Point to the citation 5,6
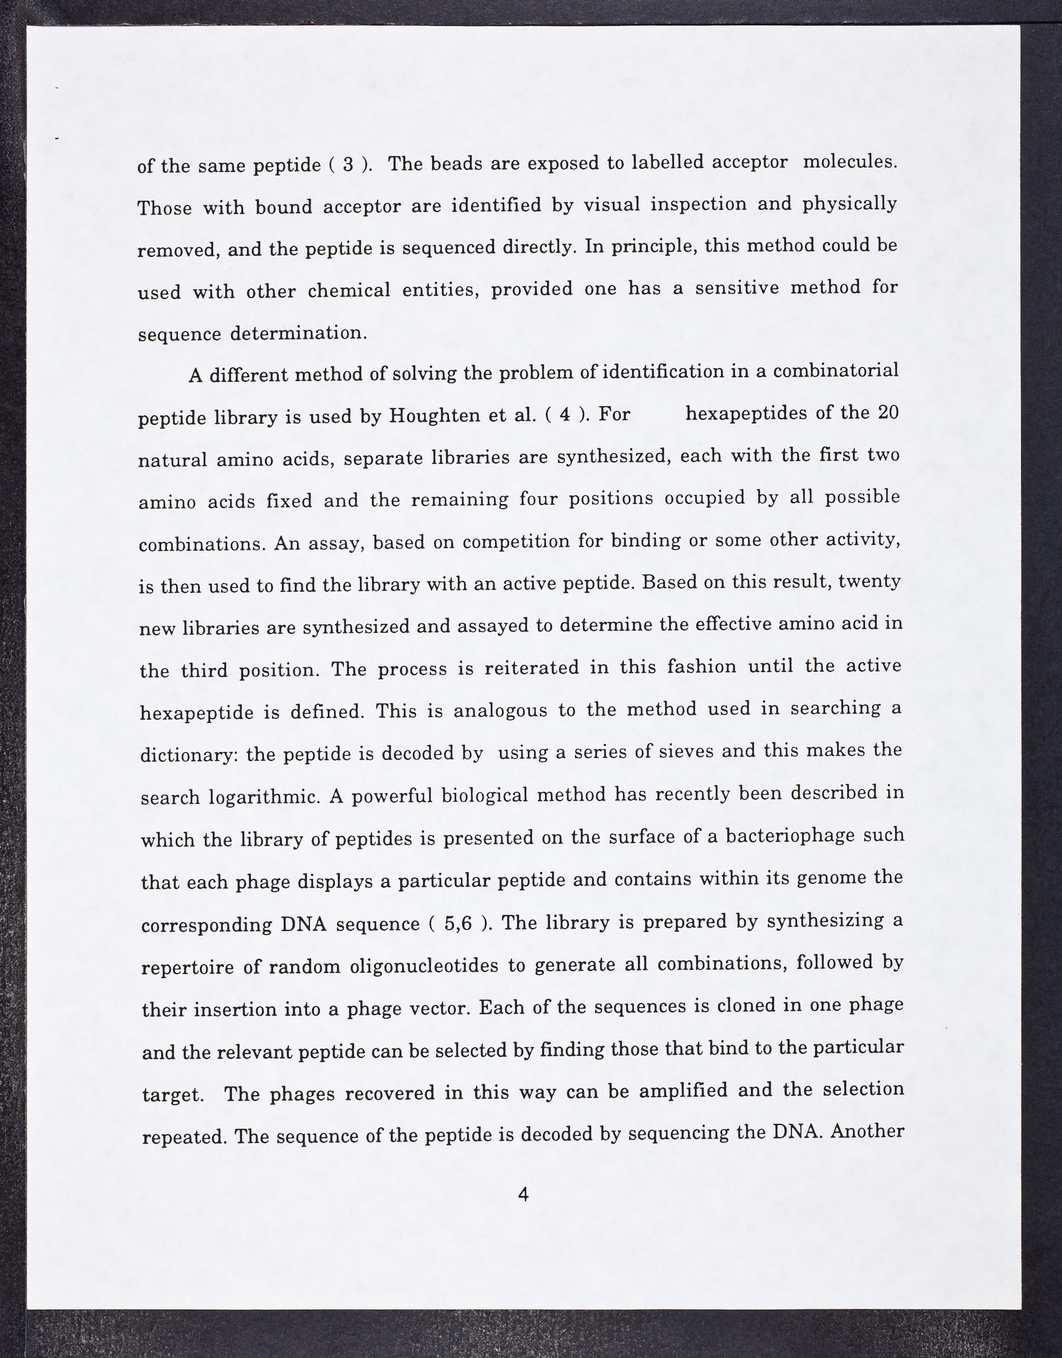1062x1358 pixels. (458, 924)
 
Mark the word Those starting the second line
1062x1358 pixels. (165, 208)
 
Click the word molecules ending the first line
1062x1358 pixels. (850, 162)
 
